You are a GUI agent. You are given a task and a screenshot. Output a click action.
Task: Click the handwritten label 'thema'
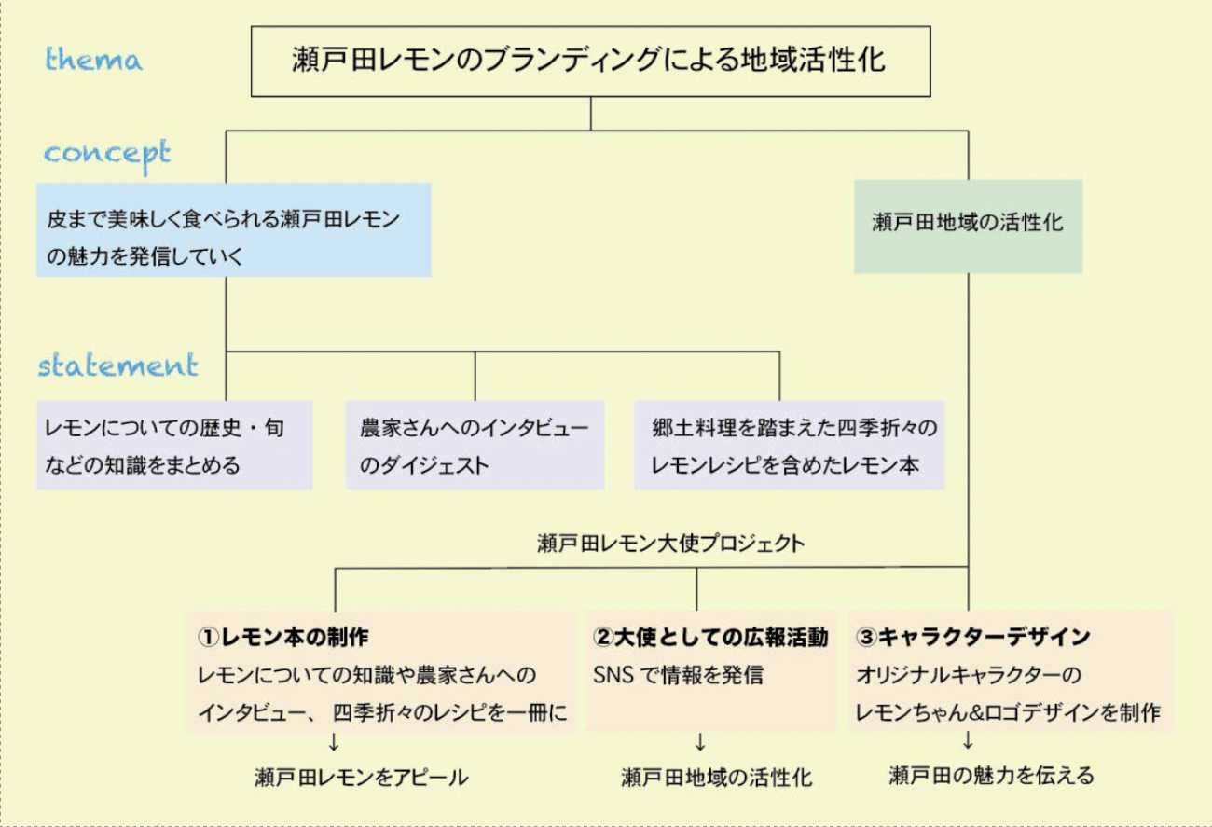click(x=94, y=61)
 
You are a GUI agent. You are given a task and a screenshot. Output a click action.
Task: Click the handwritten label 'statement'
click(x=118, y=365)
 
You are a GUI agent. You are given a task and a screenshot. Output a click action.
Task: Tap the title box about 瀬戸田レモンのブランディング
click(x=590, y=61)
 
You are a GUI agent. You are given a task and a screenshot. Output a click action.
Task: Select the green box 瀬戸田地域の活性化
click(x=968, y=225)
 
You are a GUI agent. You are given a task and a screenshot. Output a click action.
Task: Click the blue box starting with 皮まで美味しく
click(x=233, y=230)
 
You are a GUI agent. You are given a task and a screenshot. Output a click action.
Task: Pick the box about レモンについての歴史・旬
click(x=174, y=446)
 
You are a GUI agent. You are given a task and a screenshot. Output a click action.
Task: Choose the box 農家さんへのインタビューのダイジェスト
click(x=475, y=446)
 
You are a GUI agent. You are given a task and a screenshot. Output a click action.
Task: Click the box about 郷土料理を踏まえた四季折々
click(x=789, y=446)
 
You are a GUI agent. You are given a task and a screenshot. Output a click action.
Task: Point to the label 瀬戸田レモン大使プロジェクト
click(x=670, y=544)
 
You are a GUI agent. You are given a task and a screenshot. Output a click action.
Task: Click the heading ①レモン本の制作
click(x=283, y=638)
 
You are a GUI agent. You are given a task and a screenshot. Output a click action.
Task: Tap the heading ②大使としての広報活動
click(x=710, y=638)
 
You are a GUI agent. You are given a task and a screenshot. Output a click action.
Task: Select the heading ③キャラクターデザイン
click(x=973, y=638)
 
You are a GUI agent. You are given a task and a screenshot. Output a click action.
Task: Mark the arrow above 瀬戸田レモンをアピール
click(x=334, y=743)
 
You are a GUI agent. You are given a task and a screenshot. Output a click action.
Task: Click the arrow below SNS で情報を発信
click(x=700, y=743)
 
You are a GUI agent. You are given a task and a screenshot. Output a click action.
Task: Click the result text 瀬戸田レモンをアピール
click(x=361, y=777)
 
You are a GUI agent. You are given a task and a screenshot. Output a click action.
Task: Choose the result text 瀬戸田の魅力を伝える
click(x=991, y=775)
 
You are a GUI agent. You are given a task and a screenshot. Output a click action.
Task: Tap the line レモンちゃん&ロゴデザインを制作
click(x=1008, y=712)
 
